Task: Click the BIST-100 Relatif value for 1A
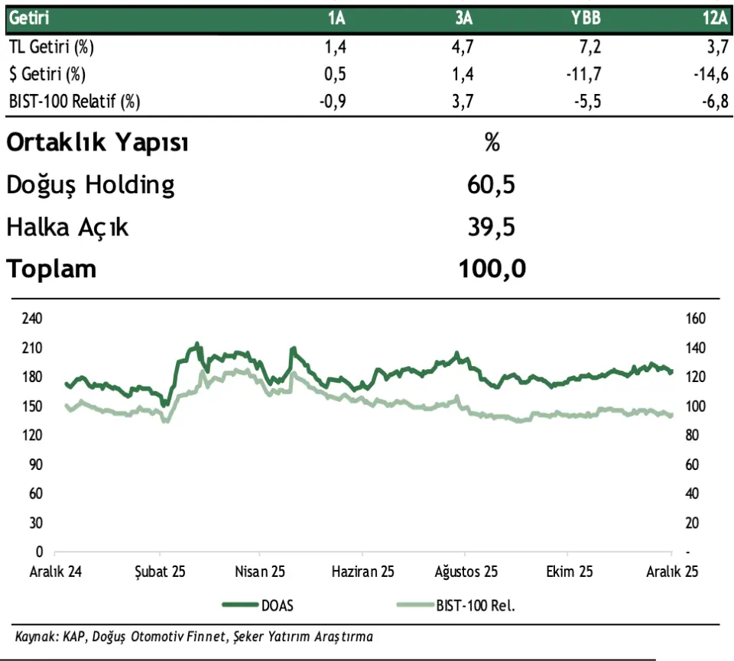pos(334,101)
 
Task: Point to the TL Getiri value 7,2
pos(591,47)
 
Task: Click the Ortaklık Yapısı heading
pos(97,142)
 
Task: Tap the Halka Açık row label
pos(67,227)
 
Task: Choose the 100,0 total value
pos(492,269)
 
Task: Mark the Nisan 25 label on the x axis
pos(259,572)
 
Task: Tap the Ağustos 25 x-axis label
pos(466,572)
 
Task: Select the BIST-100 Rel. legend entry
pos(475,605)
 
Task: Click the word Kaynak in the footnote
pos(33,636)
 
